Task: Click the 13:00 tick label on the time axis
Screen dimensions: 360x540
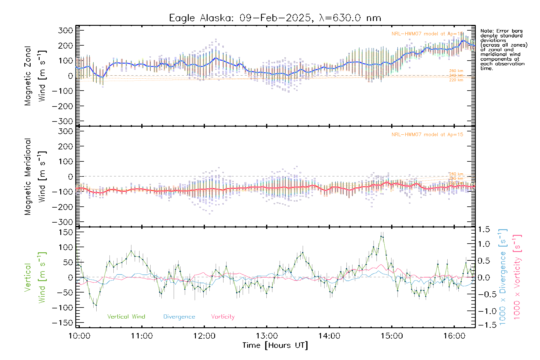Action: coord(267,336)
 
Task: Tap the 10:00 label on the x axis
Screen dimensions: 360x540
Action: coord(79,336)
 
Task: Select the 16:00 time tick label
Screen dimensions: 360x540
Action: coord(454,336)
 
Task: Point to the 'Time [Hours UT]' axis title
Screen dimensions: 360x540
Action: coord(275,345)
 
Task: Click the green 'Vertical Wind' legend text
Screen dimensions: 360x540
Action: coord(126,316)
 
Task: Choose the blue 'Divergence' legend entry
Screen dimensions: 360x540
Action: coord(179,316)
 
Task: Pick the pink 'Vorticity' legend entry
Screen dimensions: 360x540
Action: coord(223,316)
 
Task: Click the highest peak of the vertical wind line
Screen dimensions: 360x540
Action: coord(381,236)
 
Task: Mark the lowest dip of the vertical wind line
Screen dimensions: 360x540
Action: coord(96,305)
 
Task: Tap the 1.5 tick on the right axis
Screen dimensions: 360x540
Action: coord(484,229)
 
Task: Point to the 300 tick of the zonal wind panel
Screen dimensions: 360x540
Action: coord(66,30)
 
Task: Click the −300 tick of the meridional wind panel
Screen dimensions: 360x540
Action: coord(63,222)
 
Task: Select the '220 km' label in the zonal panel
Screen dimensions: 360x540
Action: coord(456,80)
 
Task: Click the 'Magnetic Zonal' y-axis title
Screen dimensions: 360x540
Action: coord(28,76)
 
